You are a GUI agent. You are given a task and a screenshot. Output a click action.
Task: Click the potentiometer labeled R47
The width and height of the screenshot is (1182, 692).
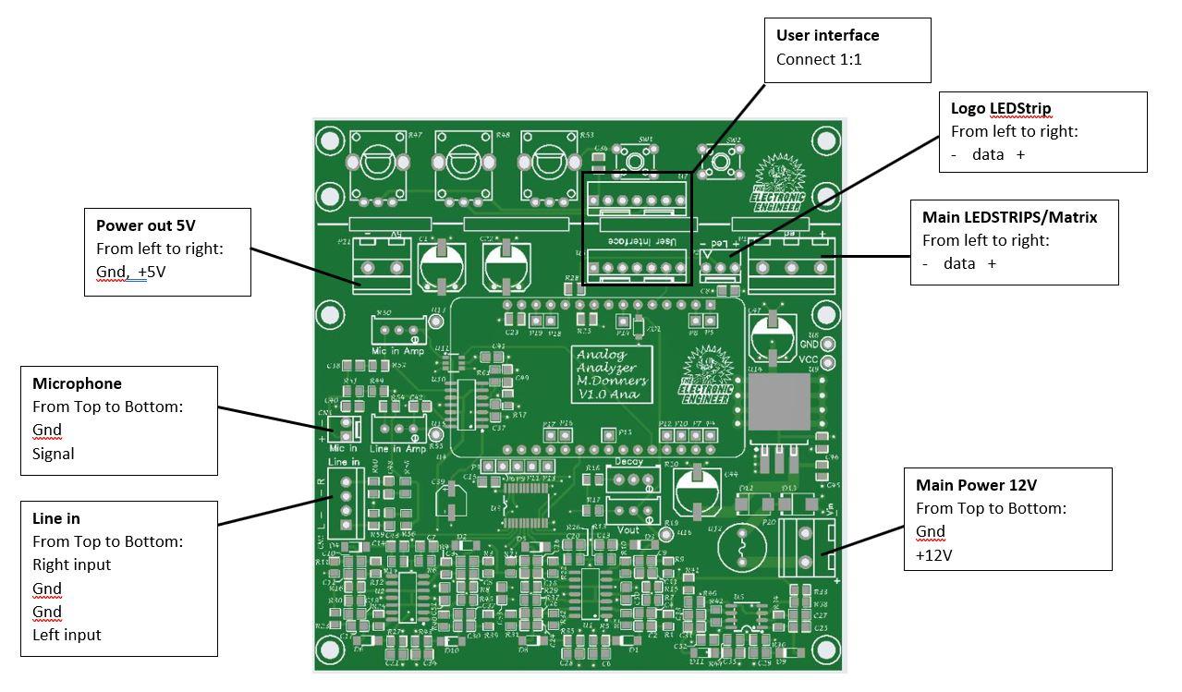(x=377, y=166)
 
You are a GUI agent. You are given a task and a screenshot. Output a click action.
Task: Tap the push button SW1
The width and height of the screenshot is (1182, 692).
(x=636, y=161)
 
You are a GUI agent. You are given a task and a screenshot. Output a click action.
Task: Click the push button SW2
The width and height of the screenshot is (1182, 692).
(x=722, y=163)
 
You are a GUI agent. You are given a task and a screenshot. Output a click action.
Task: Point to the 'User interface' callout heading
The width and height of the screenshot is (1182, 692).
(x=827, y=36)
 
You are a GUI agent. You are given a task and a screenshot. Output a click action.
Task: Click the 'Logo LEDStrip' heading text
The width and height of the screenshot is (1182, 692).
(x=1001, y=109)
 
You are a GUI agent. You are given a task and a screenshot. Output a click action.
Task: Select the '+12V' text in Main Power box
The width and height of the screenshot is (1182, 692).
(x=934, y=555)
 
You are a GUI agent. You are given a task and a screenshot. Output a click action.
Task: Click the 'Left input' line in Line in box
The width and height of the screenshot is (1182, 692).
(x=67, y=635)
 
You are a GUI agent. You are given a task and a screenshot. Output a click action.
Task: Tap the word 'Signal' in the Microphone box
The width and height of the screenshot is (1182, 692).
(x=54, y=454)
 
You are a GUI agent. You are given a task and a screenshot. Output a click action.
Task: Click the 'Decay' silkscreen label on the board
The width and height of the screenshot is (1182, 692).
(x=628, y=461)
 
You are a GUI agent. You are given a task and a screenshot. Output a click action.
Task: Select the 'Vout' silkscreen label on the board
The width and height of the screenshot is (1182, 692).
(x=628, y=529)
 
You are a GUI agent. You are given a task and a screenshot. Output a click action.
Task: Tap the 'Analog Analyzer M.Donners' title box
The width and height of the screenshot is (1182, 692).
(x=613, y=373)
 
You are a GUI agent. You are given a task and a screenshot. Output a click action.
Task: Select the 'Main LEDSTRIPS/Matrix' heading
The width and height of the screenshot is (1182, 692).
(x=1009, y=218)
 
